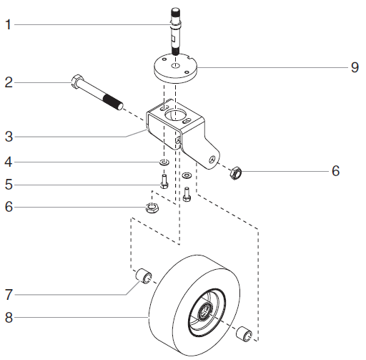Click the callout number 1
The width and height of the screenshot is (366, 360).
[8, 25]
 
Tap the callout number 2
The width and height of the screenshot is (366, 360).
[8, 82]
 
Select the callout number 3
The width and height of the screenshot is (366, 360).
[8, 135]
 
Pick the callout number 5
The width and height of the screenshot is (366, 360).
[8, 185]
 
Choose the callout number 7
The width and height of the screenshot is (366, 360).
[8, 293]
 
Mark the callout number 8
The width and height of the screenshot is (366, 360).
[8, 316]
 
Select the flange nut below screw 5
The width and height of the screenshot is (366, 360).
[152, 208]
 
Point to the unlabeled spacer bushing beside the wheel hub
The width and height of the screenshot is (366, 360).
[244, 334]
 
